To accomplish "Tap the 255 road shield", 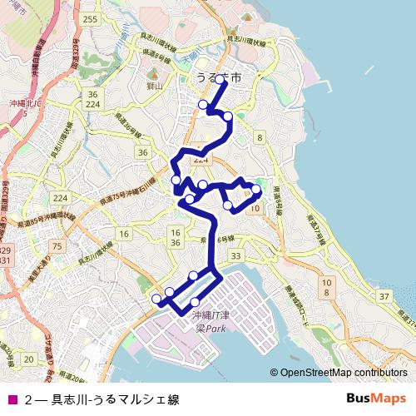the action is click(x=91, y=19).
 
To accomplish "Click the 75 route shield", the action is click(x=57, y=246).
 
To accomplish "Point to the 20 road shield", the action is click(x=29, y=359).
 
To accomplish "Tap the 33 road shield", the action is click(x=237, y=256).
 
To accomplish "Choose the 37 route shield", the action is click(x=385, y=297).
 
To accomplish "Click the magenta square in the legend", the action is click(x=12, y=399).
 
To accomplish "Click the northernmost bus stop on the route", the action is click(x=220, y=81).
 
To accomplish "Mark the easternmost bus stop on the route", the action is click(x=256, y=191).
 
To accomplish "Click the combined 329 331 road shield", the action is click(x=5, y=255).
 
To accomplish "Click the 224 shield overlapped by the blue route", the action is click(x=200, y=157).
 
